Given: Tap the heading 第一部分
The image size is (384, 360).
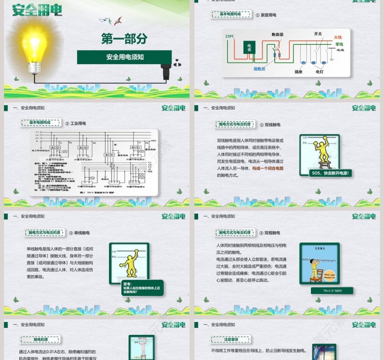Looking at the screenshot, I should tap(124, 39).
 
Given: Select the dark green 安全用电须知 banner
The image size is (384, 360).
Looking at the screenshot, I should tap(124, 57).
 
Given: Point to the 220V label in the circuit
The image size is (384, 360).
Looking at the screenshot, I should tap(229, 36).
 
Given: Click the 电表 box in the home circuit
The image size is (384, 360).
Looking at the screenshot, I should tap(249, 47).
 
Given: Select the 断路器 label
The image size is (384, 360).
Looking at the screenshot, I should tap(277, 34).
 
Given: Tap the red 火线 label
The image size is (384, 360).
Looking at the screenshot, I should tap(338, 37).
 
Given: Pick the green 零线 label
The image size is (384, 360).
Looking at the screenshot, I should tap(339, 44).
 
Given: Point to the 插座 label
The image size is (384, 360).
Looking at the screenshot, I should tap(299, 72).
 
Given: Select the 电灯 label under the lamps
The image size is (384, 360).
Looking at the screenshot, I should tap(320, 72).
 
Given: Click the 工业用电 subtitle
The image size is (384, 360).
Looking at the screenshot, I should tap(78, 123).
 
